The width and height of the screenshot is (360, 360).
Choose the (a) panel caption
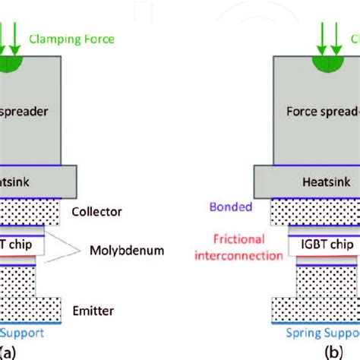coord(8,352)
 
